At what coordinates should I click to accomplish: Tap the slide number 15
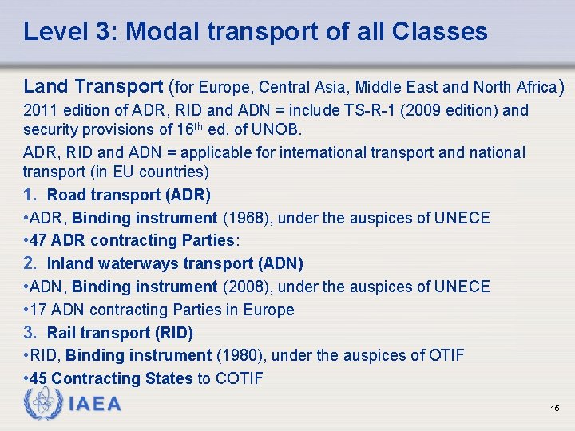click(x=554, y=409)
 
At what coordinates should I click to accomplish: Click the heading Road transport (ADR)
click(x=129, y=195)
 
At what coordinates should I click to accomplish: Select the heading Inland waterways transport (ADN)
click(x=175, y=263)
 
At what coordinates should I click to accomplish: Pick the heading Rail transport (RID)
click(x=120, y=333)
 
